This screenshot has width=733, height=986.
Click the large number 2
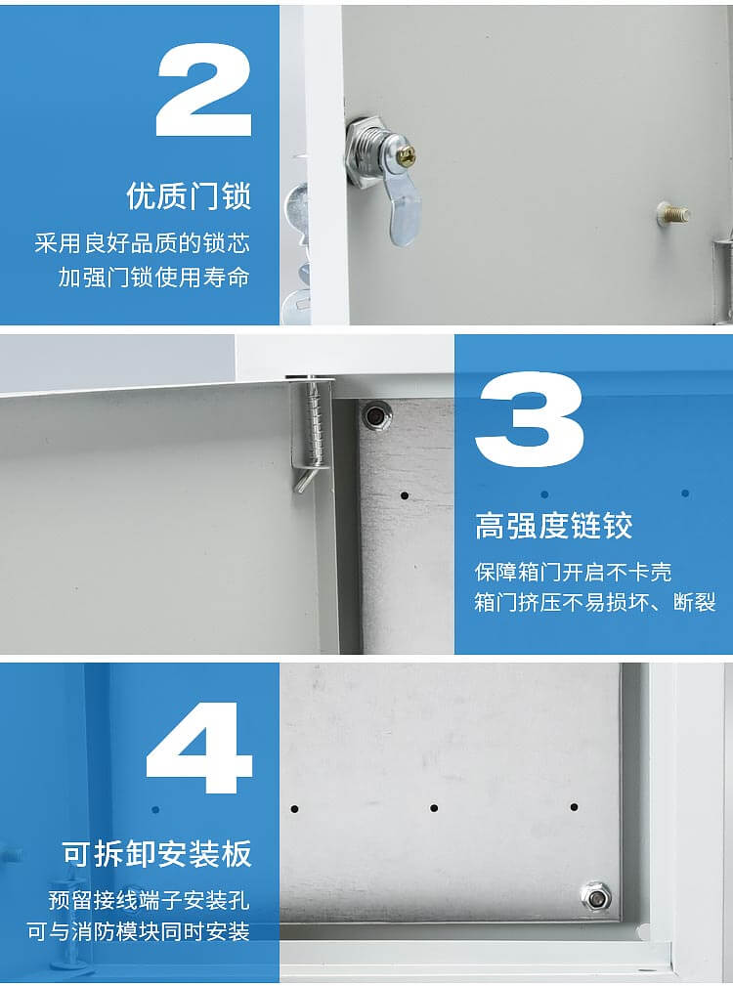204,90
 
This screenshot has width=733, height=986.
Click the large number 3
529,419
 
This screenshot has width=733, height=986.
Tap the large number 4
199,747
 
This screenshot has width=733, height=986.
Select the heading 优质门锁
189,195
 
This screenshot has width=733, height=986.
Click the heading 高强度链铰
553,526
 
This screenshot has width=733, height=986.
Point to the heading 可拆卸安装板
157,854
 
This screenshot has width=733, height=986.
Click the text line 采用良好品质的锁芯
142,243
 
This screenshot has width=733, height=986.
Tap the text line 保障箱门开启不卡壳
573,571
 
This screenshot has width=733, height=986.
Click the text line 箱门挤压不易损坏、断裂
595,603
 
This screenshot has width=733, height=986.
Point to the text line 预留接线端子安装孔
150,899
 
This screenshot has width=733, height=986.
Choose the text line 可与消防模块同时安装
139,931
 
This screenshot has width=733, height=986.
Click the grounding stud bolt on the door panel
673,213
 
